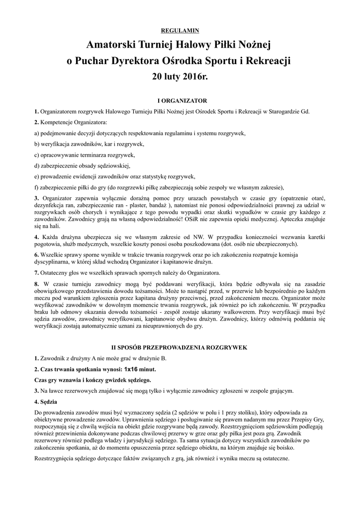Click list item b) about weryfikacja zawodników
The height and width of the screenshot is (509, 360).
pos(89,144)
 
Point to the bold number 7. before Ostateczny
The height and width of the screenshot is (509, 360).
pos(36,272)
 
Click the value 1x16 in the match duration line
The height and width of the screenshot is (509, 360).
pos(131,369)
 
